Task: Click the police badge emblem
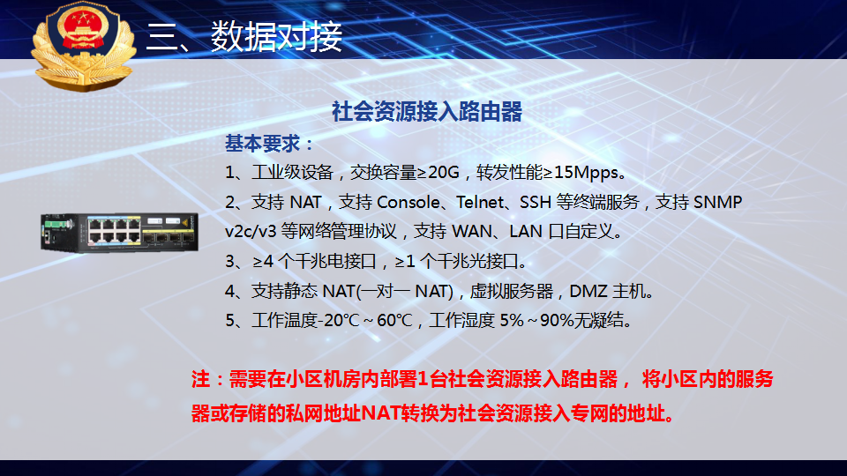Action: pos(83,45)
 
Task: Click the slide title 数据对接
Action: pos(276,37)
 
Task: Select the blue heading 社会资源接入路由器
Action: pos(427,112)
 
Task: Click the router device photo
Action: pos(119,233)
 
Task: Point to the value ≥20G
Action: pos(438,172)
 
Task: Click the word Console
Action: pos(409,202)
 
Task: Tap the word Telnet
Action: pos(480,202)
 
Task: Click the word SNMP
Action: pos(717,202)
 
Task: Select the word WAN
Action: pos(471,232)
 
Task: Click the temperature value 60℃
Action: pos(395,321)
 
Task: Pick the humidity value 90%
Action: pos(557,321)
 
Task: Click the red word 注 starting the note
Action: pos(200,379)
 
